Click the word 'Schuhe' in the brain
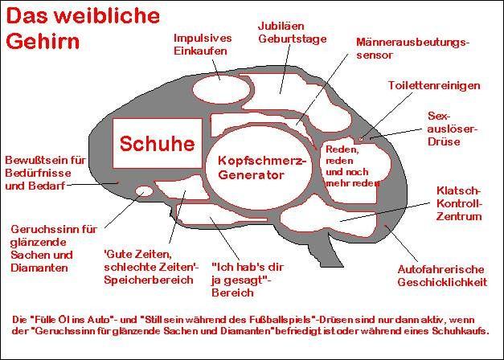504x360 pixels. [x=157, y=144]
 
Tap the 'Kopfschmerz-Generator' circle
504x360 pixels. [x=262, y=168]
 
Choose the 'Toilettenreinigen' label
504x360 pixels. [x=433, y=85]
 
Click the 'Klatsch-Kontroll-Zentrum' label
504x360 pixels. [x=458, y=203]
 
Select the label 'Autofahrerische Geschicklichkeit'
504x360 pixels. [x=442, y=275]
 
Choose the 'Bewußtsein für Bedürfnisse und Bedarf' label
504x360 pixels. [x=44, y=172]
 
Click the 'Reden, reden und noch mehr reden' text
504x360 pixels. [x=351, y=166]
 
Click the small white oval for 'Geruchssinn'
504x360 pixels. [x=144, y=192]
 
